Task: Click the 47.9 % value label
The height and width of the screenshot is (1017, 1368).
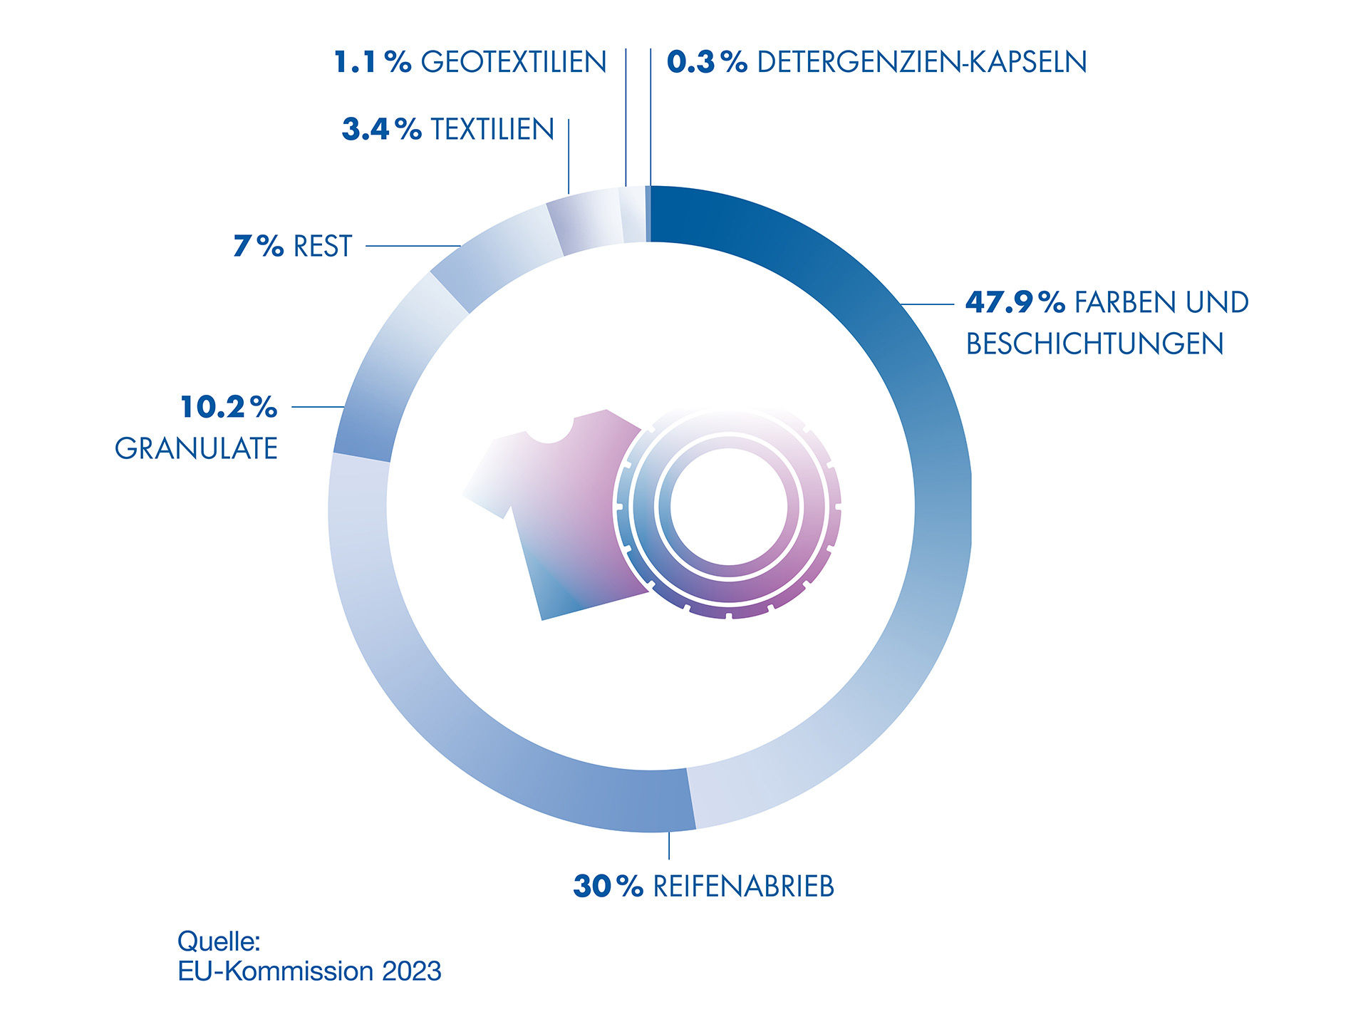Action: (1015, 303)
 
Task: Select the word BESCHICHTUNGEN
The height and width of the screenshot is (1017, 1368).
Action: (1094, 344)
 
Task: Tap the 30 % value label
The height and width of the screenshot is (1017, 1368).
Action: (608, 887)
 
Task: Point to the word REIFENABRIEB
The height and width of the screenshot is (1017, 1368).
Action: (743, 887)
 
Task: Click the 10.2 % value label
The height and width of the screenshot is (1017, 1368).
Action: (229, 408)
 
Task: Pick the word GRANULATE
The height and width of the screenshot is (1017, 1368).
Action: (196, 449)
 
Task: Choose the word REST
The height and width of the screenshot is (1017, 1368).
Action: (323, 247)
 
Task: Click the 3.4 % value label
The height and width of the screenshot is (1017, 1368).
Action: (381, 130)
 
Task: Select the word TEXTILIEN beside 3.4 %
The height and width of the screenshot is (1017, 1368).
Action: (492, 130)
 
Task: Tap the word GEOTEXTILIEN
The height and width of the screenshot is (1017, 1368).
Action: (514, 63)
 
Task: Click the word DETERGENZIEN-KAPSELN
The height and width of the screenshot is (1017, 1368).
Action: (922, 63)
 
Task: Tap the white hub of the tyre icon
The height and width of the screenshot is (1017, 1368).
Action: (728, 507)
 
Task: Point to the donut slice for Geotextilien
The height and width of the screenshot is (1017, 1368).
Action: (633, 215)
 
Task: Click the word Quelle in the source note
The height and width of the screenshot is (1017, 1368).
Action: (219, 941)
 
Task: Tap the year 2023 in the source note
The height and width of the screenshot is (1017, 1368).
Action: (411, 971)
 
